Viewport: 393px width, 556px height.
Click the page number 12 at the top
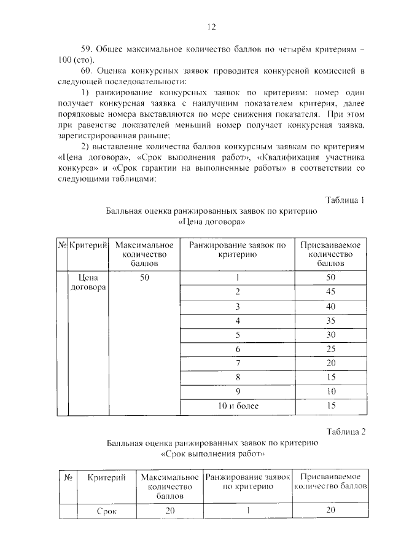[211, 26]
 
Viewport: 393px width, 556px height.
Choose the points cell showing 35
[330, 320]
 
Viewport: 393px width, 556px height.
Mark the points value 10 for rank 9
[330, 391]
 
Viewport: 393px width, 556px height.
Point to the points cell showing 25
[330, 349]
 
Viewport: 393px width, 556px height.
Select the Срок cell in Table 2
[106, 510]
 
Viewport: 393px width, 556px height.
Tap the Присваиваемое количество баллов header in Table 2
[331, 482]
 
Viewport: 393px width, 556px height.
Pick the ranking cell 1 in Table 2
[247, 510]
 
